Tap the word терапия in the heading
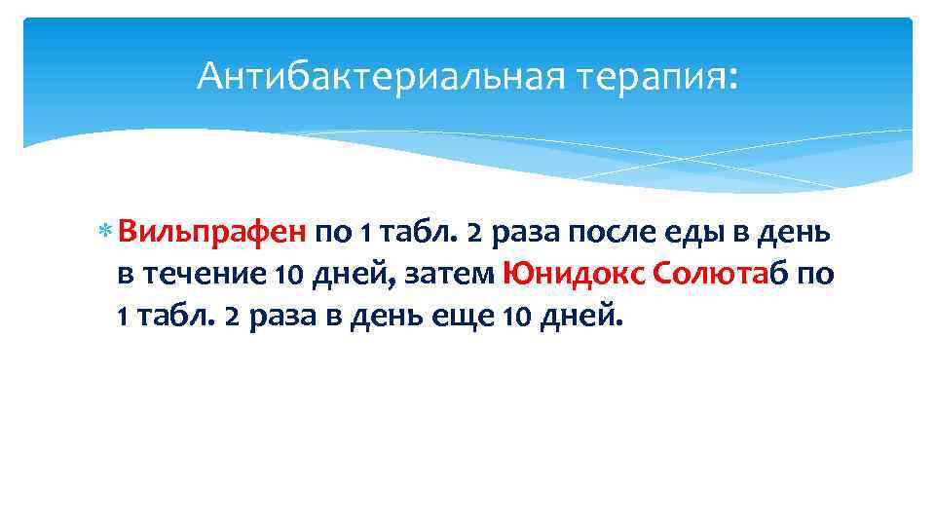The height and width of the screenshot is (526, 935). click(644, 76)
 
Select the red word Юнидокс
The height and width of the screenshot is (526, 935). click(574, 276)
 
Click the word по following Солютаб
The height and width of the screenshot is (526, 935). click(815, 276)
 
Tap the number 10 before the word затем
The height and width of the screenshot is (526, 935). click(288, 276)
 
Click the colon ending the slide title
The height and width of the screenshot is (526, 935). click(732, 78)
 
